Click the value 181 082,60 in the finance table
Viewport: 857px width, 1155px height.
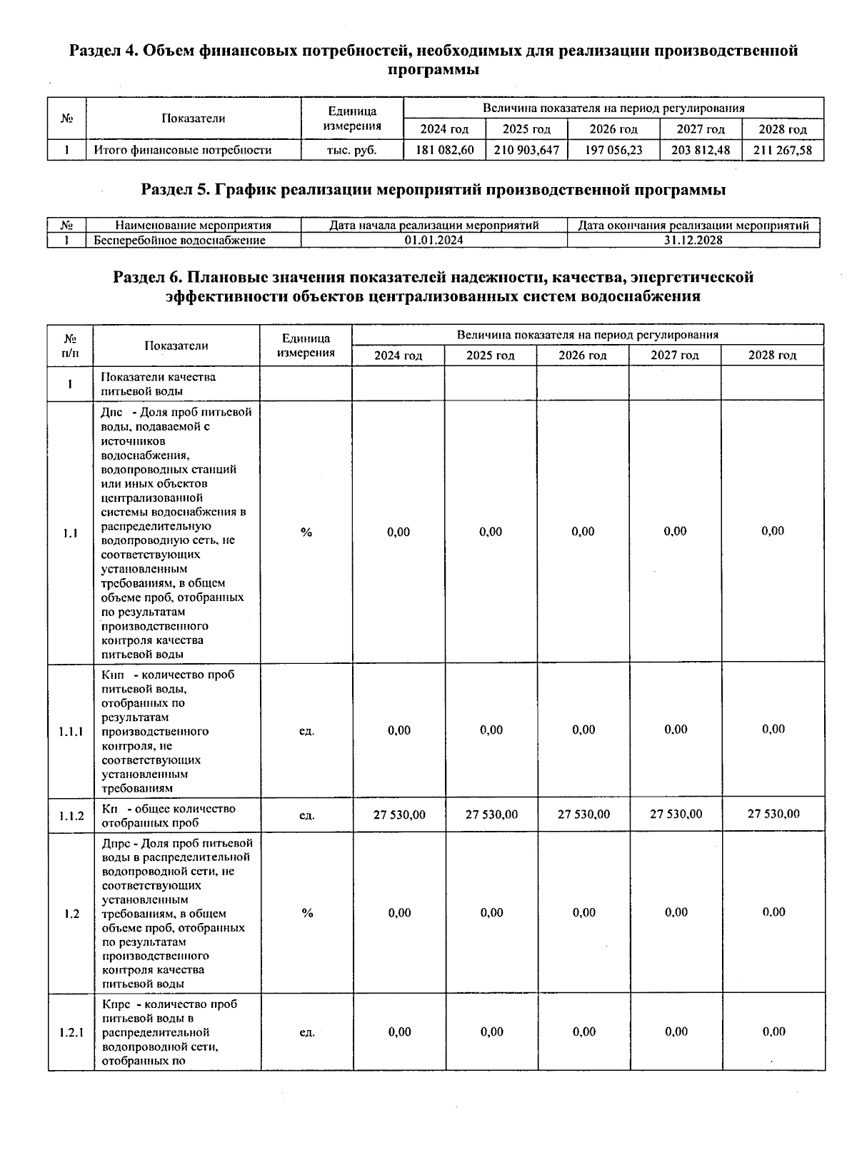click(444, 150)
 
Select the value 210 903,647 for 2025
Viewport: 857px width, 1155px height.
click(526, 150)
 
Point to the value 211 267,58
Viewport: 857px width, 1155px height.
click(783, 150)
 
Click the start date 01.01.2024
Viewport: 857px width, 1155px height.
click(433, 241)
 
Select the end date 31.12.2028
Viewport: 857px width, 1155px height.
click(693, 241)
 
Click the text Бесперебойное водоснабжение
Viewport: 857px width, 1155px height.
click(180, 241)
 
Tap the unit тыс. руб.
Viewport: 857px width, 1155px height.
click(351, 150)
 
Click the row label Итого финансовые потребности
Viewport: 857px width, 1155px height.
click(183, 150)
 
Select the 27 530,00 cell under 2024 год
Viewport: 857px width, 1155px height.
click(399, 814)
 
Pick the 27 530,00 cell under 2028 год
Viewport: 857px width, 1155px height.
click(773, 814)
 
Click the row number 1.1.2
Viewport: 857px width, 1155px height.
click(71, 815)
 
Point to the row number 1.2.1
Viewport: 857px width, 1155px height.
click(71, 1032)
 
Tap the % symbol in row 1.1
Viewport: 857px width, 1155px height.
click(306, 533)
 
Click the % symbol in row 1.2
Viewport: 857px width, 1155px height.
click(307, 913)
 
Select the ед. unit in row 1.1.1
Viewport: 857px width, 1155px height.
click(306, 731)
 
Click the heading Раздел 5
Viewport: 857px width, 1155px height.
click(176, 190)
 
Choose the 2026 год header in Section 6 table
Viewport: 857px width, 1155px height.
click(583, 355)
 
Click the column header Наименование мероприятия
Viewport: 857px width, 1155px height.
click(193, 226)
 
